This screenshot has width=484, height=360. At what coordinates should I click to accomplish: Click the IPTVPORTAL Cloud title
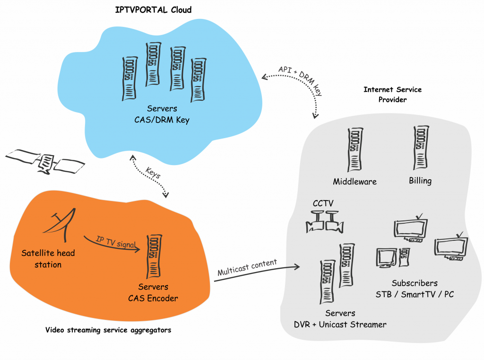pos(153,10)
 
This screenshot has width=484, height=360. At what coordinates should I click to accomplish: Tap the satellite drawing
pos(45,161)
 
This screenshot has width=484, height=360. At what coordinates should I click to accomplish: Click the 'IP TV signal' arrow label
pos(116,242)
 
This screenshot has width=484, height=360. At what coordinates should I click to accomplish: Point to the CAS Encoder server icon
pos(154,256)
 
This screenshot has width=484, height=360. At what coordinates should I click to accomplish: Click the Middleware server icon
pos(355,149)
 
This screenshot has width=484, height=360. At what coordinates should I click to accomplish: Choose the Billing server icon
pos(421,148)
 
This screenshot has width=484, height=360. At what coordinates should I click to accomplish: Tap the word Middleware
pos(354,181)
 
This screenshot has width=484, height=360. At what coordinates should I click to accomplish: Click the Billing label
pos(420,181)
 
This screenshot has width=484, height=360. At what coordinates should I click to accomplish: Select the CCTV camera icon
pos(325,222)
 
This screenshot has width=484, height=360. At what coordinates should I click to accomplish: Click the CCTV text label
pos(323,203)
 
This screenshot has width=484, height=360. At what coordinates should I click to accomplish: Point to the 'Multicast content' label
pos(247,267)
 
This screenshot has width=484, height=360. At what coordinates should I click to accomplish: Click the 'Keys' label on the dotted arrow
pos(153,173)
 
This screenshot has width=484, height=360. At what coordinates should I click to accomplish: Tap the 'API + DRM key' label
pos(301,80)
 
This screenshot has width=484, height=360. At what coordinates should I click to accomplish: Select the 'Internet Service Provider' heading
pos(392,95)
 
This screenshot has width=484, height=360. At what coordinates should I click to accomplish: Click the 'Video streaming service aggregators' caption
pos(108,330)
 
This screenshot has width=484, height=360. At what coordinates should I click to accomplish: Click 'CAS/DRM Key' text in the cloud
pos(162,120)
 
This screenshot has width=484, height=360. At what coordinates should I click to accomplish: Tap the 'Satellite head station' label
pos(48,259)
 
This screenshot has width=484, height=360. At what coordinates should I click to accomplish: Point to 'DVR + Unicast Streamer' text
pos(340,325)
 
